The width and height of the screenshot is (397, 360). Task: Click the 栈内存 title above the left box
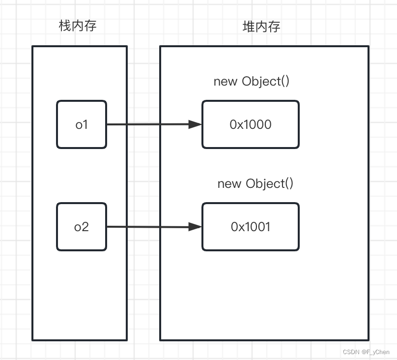pyautogui.click(x=78, y=26)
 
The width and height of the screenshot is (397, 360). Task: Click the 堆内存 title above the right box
pyautogui.click(x=262, y=27)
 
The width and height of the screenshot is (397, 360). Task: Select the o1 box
pyautogui.click(x=82, y=124)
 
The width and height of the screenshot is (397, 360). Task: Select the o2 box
pyautogui.click(x=82, y=227)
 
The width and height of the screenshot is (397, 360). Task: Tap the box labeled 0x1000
pyautogui.click(x=251, y=124)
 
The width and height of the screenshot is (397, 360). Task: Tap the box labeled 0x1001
pyautogui.click(x=251, y=227)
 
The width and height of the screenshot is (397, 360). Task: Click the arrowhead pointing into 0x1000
pyautogui.click(x=196, y=124)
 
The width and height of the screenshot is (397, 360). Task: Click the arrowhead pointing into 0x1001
pyautogui.click(x=196, y=227)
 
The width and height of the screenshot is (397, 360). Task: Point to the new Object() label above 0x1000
pyautogui.click(x=252, y=81)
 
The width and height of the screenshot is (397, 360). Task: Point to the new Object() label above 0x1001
pyautogui.click(x=255, y=183)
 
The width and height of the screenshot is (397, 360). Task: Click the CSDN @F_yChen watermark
pyautogui.click(x=366, y=352)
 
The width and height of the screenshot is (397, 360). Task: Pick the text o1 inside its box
pyautogui.click(x=82, y=124)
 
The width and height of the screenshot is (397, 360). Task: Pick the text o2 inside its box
pyautogui.click(x=82, y=227)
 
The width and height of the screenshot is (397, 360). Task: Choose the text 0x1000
pyautogui.click(x=251, y=124)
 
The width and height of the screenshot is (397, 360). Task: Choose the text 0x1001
pyautogui.click(x=251, y=227)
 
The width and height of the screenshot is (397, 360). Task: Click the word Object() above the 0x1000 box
pyautogui.click(x=266, y=81)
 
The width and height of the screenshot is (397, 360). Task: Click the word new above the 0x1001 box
pyautogui.click(x=229, y=184)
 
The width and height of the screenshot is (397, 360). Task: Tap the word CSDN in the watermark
pyautogui.click(x=351, y=352)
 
